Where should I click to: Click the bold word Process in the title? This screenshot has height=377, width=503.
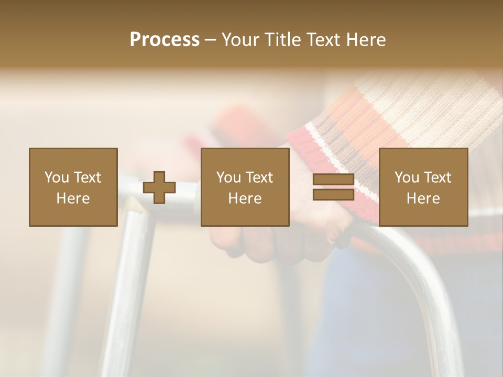(165, 40)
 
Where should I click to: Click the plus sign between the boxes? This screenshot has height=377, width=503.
(159, 187)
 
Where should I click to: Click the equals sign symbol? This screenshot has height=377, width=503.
(333, 187)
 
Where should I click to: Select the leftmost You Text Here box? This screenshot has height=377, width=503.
(73, 187)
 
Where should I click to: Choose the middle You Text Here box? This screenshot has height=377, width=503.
(245, 187)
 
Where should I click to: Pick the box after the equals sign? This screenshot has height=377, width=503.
(423, 187)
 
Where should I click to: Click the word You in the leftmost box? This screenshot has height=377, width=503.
(57, 178)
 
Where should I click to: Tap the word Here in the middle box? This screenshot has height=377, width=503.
(245, 198)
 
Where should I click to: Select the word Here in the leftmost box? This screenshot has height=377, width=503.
(73, 198)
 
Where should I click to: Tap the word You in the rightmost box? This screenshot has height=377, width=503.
(407, 178)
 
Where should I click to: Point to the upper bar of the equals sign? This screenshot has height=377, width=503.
(333, 180)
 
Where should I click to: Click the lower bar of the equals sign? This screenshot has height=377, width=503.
(333, 195)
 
